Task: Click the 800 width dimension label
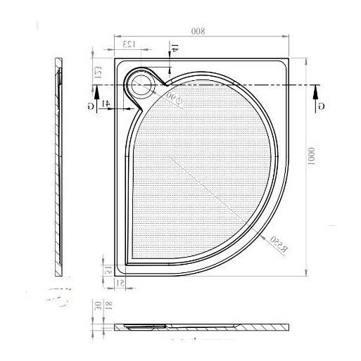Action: tap(202, 32)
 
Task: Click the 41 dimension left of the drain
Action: tap(106, 104)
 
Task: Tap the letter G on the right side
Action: tap(322, 105)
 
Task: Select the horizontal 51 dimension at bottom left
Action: tap(120, 283)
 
